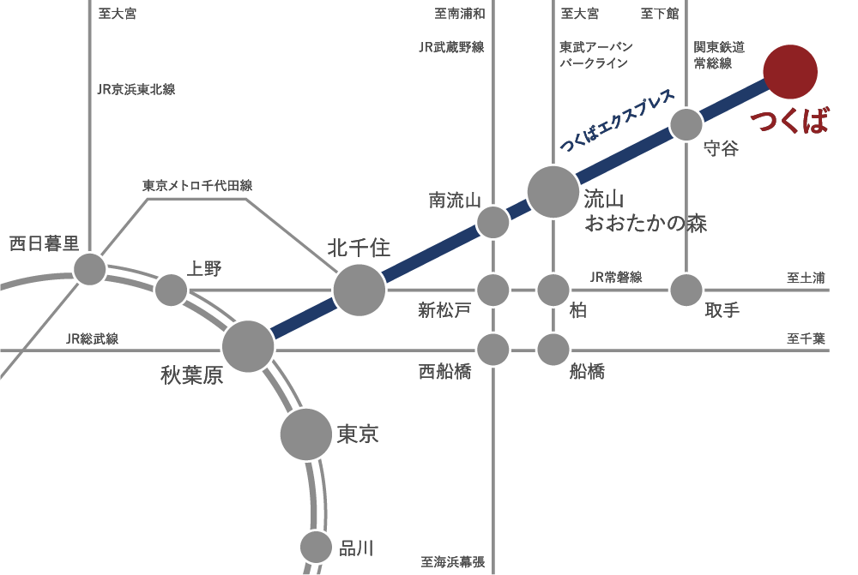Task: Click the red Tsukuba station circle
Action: [790, 71]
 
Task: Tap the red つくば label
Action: [790, 123]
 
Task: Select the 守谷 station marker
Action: [686, 124]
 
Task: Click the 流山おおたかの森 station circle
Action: [553, 192]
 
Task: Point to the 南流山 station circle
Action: [492, 222]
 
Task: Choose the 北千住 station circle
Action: [359, 290]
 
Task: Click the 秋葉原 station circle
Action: [248, 347]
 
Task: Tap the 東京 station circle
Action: [306, 434]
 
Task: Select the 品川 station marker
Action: [316, 547]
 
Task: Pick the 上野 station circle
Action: [172, 290]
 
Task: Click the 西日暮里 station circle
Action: [89, 269]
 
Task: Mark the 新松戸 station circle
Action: [492, 290]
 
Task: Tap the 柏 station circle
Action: [553, 290]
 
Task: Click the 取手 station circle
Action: [686, 290]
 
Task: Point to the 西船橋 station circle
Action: [492, 349]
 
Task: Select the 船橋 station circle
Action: [553, 349]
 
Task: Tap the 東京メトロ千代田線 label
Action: [197, 185]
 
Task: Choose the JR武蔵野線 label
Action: [451, 48]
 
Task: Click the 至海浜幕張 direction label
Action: [453, 562]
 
